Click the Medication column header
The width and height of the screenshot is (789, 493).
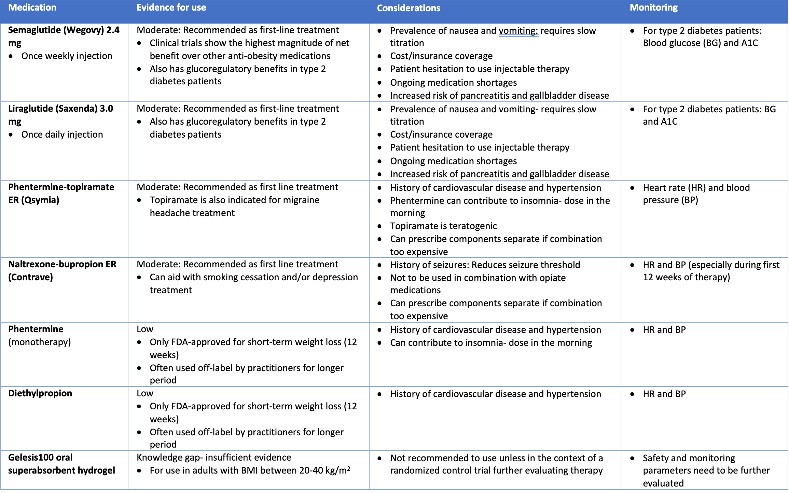(32, 8)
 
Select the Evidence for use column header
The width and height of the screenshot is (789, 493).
(171, 8)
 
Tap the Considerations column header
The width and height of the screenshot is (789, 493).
(409, 8)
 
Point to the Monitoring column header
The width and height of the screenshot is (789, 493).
(653, 8)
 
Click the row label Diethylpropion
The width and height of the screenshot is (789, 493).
(40, 393)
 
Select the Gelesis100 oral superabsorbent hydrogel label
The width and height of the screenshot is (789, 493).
(61, 464)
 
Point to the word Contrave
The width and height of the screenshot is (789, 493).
(31, 277)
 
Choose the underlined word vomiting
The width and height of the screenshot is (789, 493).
(518, 31)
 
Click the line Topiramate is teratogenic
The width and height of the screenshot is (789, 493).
(443, 226)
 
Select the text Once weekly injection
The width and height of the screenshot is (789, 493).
(67, 56)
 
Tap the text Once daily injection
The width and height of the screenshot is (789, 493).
(62, 135)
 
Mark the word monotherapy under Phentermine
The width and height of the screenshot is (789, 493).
(40, 342)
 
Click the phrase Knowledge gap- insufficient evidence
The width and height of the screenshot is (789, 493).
(214, 457)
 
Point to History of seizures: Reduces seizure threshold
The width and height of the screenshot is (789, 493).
(485, 265)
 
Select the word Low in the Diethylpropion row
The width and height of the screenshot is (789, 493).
(145, 393)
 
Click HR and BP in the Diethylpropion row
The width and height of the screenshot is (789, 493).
(664, 394)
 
